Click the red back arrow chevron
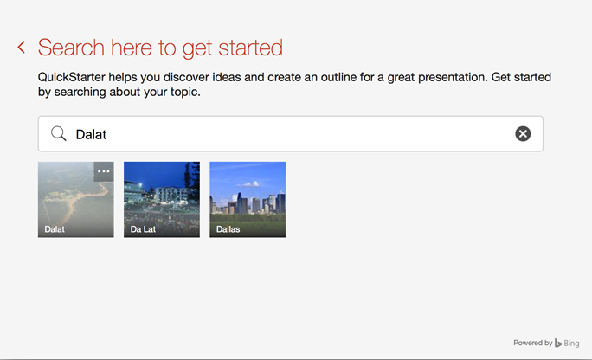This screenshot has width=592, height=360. [x=22, y=48]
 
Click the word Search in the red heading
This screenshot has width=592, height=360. [x=71, y=48]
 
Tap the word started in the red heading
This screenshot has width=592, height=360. [x=250, y=48]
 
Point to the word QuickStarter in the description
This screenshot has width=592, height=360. [x=71, y=77]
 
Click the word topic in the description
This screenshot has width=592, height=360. [x=185, y=92]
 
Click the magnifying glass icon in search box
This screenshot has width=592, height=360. [x=59, y=133]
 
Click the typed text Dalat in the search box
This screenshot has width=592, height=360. [x=91, y=134]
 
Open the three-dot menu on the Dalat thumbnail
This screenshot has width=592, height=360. [x=104, y=171]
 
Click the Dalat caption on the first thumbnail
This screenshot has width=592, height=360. [x=55, y=229]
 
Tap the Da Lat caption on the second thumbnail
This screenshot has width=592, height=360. [x=143, y=229]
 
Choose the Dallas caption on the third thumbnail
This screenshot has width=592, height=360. [x=228, y=229]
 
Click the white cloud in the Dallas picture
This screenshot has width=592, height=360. [x=249, y=184]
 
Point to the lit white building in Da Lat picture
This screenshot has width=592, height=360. [x=170, y=195]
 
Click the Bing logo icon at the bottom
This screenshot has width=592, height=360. [x=558, y=343]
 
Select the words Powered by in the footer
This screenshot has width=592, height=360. [x=533, y=343]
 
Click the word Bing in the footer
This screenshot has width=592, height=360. [x=571, y=344]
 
